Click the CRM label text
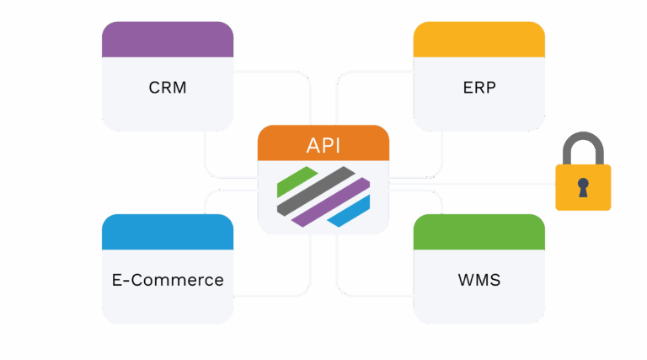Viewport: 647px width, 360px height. coord(167,88)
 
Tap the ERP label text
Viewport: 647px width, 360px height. coord(479,88)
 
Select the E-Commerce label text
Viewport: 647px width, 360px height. coord(167,280)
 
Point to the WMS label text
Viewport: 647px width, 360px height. coord(479,280)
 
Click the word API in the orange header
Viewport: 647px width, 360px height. coord(323,144)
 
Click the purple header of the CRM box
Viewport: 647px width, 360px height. coord(167,40)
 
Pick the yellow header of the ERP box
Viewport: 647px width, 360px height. coord(479,40)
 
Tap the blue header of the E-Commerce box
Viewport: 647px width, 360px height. coord(167,232)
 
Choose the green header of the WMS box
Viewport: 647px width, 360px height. coord(479,232)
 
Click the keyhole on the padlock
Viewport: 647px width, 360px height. coord(583,187)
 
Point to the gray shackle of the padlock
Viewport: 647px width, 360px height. coord(583,142)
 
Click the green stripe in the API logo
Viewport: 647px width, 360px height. coord(297,180)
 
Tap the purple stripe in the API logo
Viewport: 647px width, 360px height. coord(332,203)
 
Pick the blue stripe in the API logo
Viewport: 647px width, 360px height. coord(350,212)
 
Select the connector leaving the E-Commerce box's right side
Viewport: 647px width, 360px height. coord(270,295)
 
